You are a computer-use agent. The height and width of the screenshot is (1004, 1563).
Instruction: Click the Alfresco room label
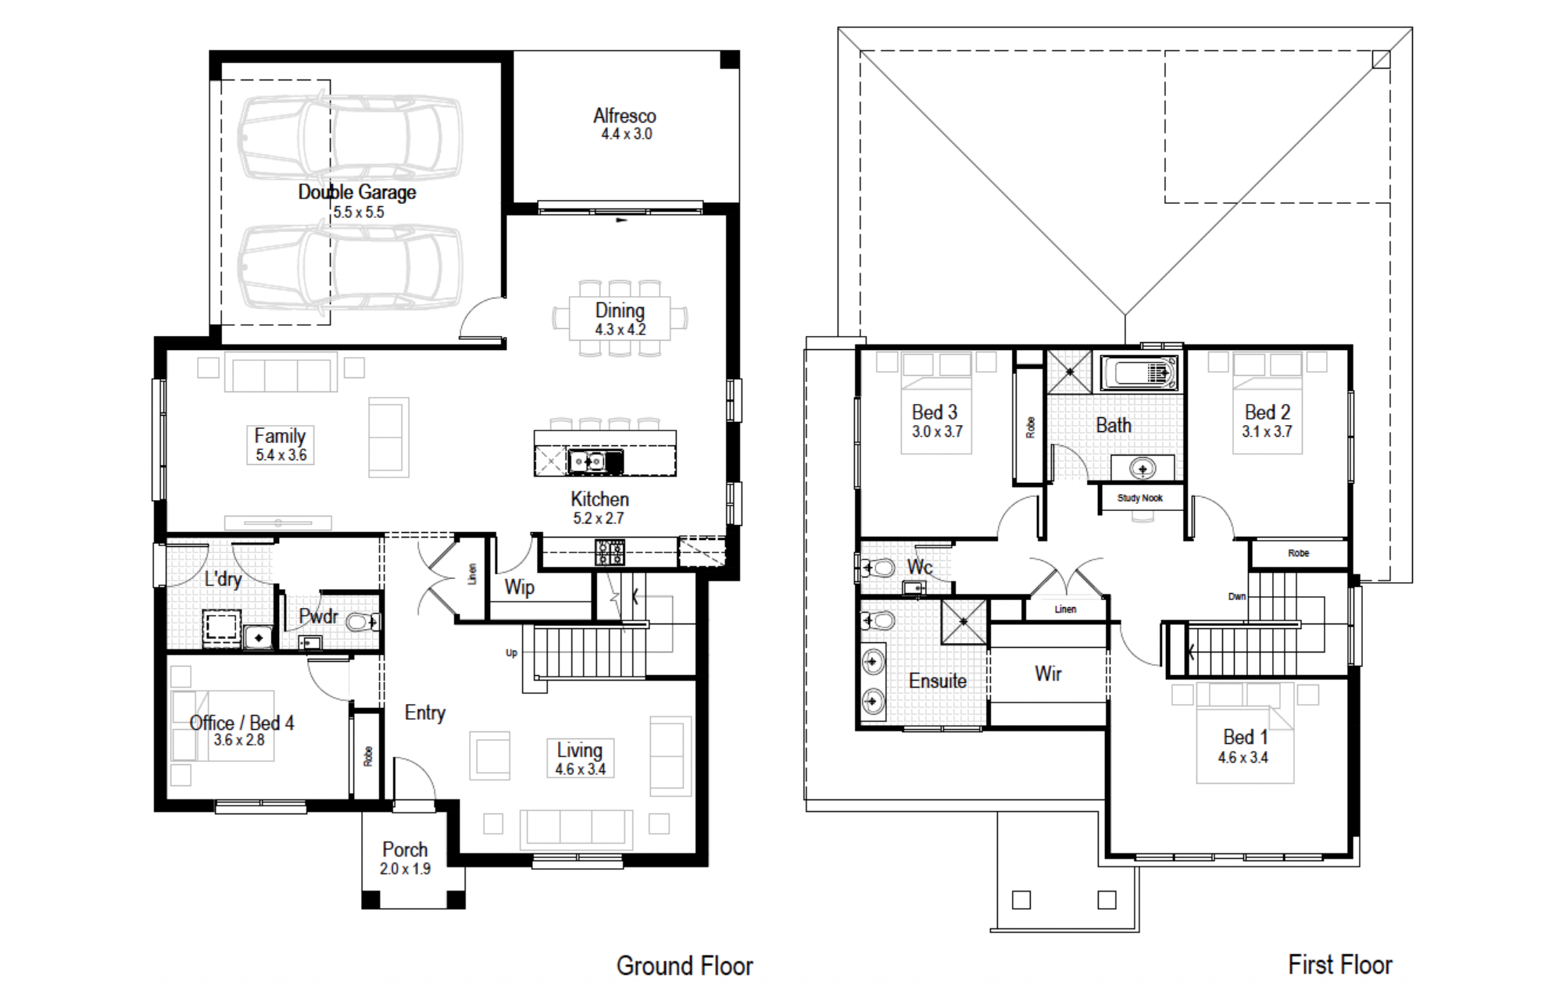click(x=624, y=116)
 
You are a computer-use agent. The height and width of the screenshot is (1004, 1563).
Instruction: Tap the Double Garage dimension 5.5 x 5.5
click(x=359, y=212)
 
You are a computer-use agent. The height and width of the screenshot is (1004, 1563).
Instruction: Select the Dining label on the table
click(x=620, y=310)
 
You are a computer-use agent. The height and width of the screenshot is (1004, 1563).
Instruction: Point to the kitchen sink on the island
click(x=587, y=462)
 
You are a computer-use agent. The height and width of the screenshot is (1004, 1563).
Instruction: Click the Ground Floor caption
click(x=685, y=966)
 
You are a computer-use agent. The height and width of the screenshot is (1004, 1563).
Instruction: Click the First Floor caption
click(x=1340, y=965)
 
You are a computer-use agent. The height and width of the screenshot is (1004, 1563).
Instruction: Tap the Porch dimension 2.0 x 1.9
click(x=405, y=869)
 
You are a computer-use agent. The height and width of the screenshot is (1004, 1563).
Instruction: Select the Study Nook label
click(x=1139, y=498)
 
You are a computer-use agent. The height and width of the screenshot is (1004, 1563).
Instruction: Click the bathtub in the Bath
click(x=1139, y=373)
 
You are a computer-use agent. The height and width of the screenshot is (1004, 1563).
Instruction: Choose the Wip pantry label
click(x=520, y=588)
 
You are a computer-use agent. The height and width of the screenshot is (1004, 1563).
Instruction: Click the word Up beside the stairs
click(x=511, y=652)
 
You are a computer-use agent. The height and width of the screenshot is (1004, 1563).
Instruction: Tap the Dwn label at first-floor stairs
click(x=1236, y=596)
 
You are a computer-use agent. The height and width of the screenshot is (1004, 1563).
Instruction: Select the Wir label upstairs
click(x=1048, y=674)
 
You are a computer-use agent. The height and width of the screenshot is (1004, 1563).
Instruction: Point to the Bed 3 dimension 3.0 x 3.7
click(x=937, y=431)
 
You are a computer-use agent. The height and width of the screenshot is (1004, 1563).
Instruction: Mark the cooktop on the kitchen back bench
click(x=610, y=552)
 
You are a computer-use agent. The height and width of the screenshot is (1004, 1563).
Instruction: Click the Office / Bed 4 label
click(x=241, y=723)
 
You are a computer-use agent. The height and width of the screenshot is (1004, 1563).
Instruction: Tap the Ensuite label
click(x=938, y=681)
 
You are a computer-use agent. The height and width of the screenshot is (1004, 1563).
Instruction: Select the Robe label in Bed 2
click(x=1298, y=553)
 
